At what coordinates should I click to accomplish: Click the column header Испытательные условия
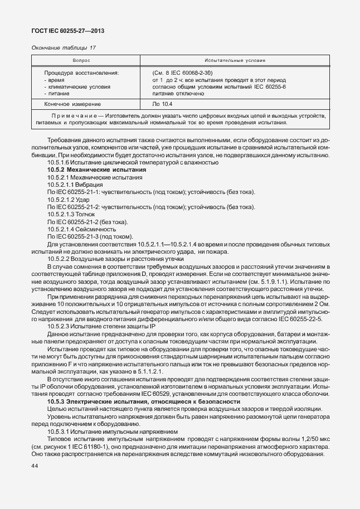pyautogui.click(x=235, y=60)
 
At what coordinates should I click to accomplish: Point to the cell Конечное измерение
pyautogui.click(x=72, y=104)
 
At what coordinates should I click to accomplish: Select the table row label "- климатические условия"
pyautogui.click(x=77, y=87)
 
